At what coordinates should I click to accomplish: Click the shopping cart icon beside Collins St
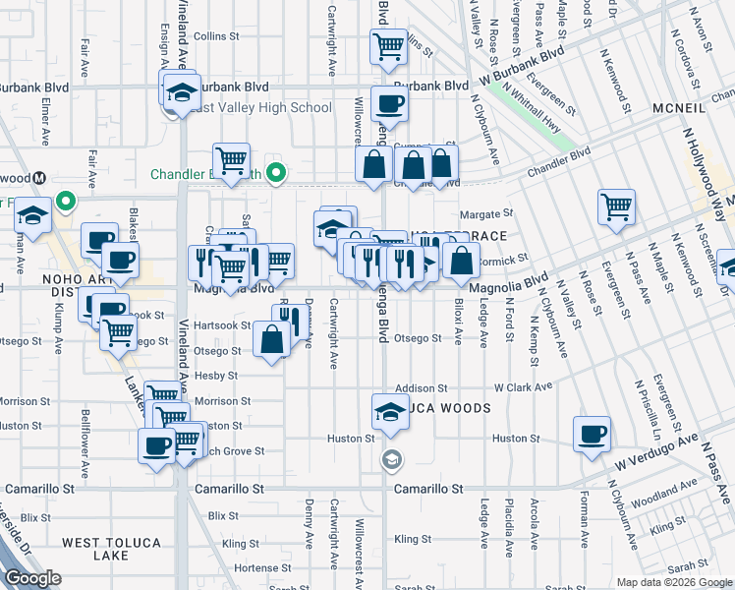click(x=388, y=45)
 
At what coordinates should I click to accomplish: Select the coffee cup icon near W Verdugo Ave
click(x=592, y=435)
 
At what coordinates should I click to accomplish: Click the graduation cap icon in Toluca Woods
click(x=390, y=413)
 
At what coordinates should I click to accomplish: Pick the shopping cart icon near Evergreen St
click(x=616, y=207)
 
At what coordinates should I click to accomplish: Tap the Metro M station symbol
click(x=40, y=178)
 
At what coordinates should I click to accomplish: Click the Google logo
click(x=32, y=578)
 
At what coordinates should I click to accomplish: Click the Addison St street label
click(x=422, y=388)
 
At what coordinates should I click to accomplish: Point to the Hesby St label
click(x=217, y=376)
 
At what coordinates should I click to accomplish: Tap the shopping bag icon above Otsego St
click(x=271, y=340)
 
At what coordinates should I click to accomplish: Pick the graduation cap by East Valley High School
click(x=178, y=91)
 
